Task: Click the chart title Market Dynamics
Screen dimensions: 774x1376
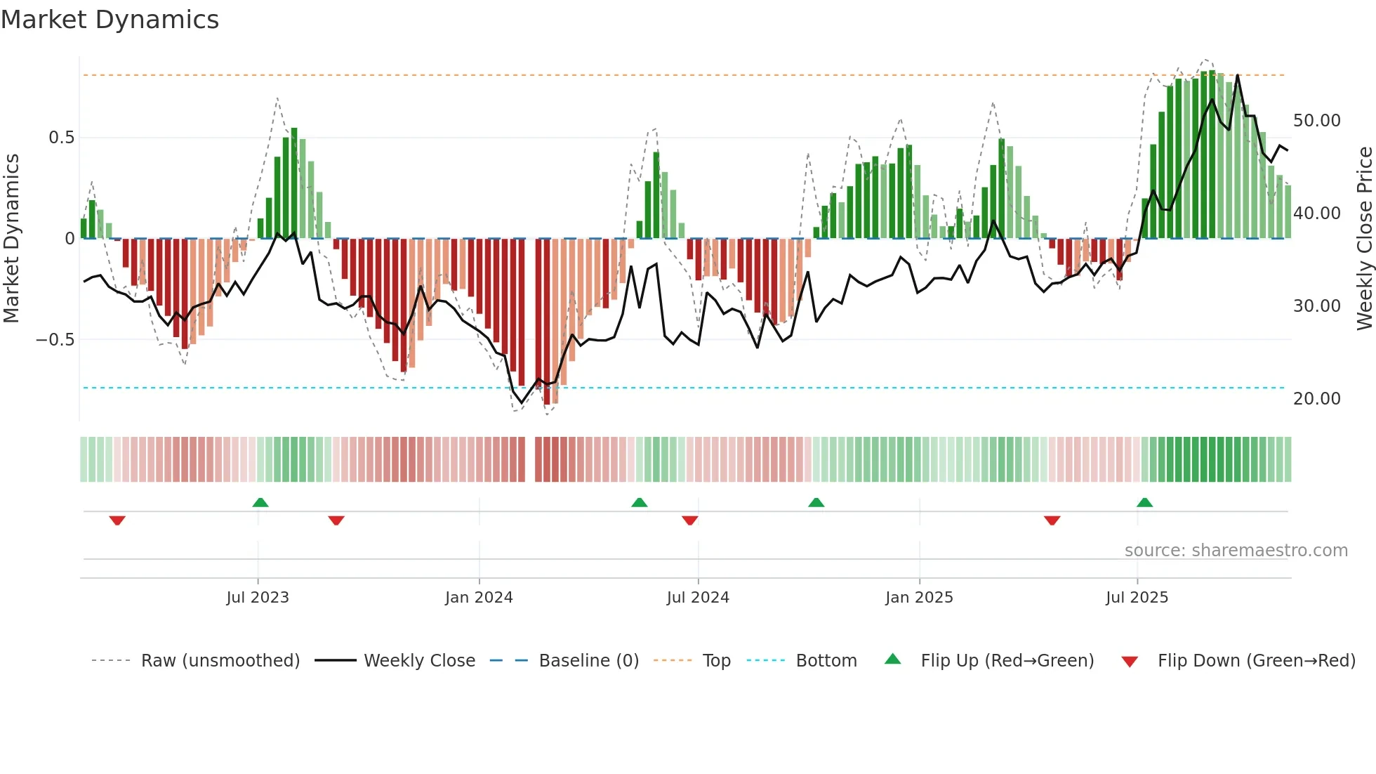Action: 110,20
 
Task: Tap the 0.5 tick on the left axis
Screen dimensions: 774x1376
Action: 61,138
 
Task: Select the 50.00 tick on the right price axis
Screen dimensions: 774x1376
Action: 1316,121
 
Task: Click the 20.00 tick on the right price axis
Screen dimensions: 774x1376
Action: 1316,399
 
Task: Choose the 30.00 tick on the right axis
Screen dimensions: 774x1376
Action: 1316,306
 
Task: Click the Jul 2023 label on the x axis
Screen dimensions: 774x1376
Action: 258,598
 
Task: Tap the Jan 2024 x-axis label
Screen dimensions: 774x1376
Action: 479,598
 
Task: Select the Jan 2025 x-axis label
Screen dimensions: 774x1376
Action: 919,598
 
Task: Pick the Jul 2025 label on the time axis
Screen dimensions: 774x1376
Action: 1137,598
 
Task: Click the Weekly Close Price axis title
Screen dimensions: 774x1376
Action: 1364,239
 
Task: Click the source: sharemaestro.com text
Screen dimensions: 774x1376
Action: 1236,551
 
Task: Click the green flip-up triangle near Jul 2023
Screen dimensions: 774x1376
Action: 260,503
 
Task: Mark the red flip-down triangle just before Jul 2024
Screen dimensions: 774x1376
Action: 690,520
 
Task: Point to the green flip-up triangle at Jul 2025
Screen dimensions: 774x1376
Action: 1144,503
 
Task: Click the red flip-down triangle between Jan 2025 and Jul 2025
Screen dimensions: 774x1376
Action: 1052,520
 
